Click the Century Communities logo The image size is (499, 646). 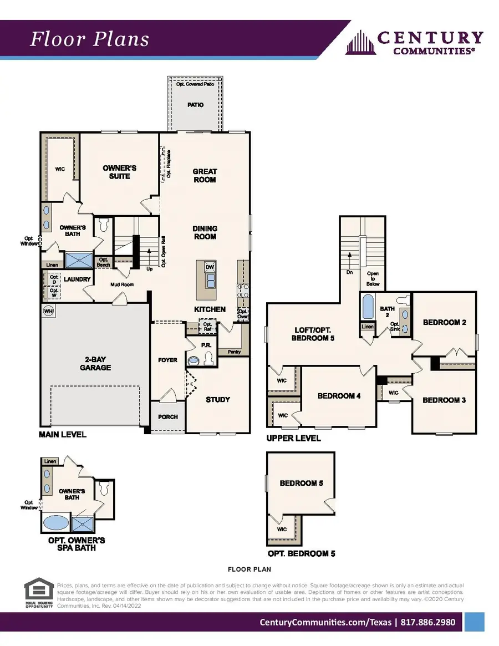414,42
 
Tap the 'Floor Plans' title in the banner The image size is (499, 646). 89,39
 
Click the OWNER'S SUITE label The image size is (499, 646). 120,172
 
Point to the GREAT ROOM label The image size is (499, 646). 205,175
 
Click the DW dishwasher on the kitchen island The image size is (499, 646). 210,267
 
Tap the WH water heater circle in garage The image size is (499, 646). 48,312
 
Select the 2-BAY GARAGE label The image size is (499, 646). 95,363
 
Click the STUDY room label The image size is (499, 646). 218,399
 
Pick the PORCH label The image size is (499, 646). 168,416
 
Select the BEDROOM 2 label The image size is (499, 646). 444,322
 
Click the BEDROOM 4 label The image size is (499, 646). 339,396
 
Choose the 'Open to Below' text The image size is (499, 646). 373,278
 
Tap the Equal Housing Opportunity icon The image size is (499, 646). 39,593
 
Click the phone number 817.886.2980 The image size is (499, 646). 427,622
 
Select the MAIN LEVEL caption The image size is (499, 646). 63,434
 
